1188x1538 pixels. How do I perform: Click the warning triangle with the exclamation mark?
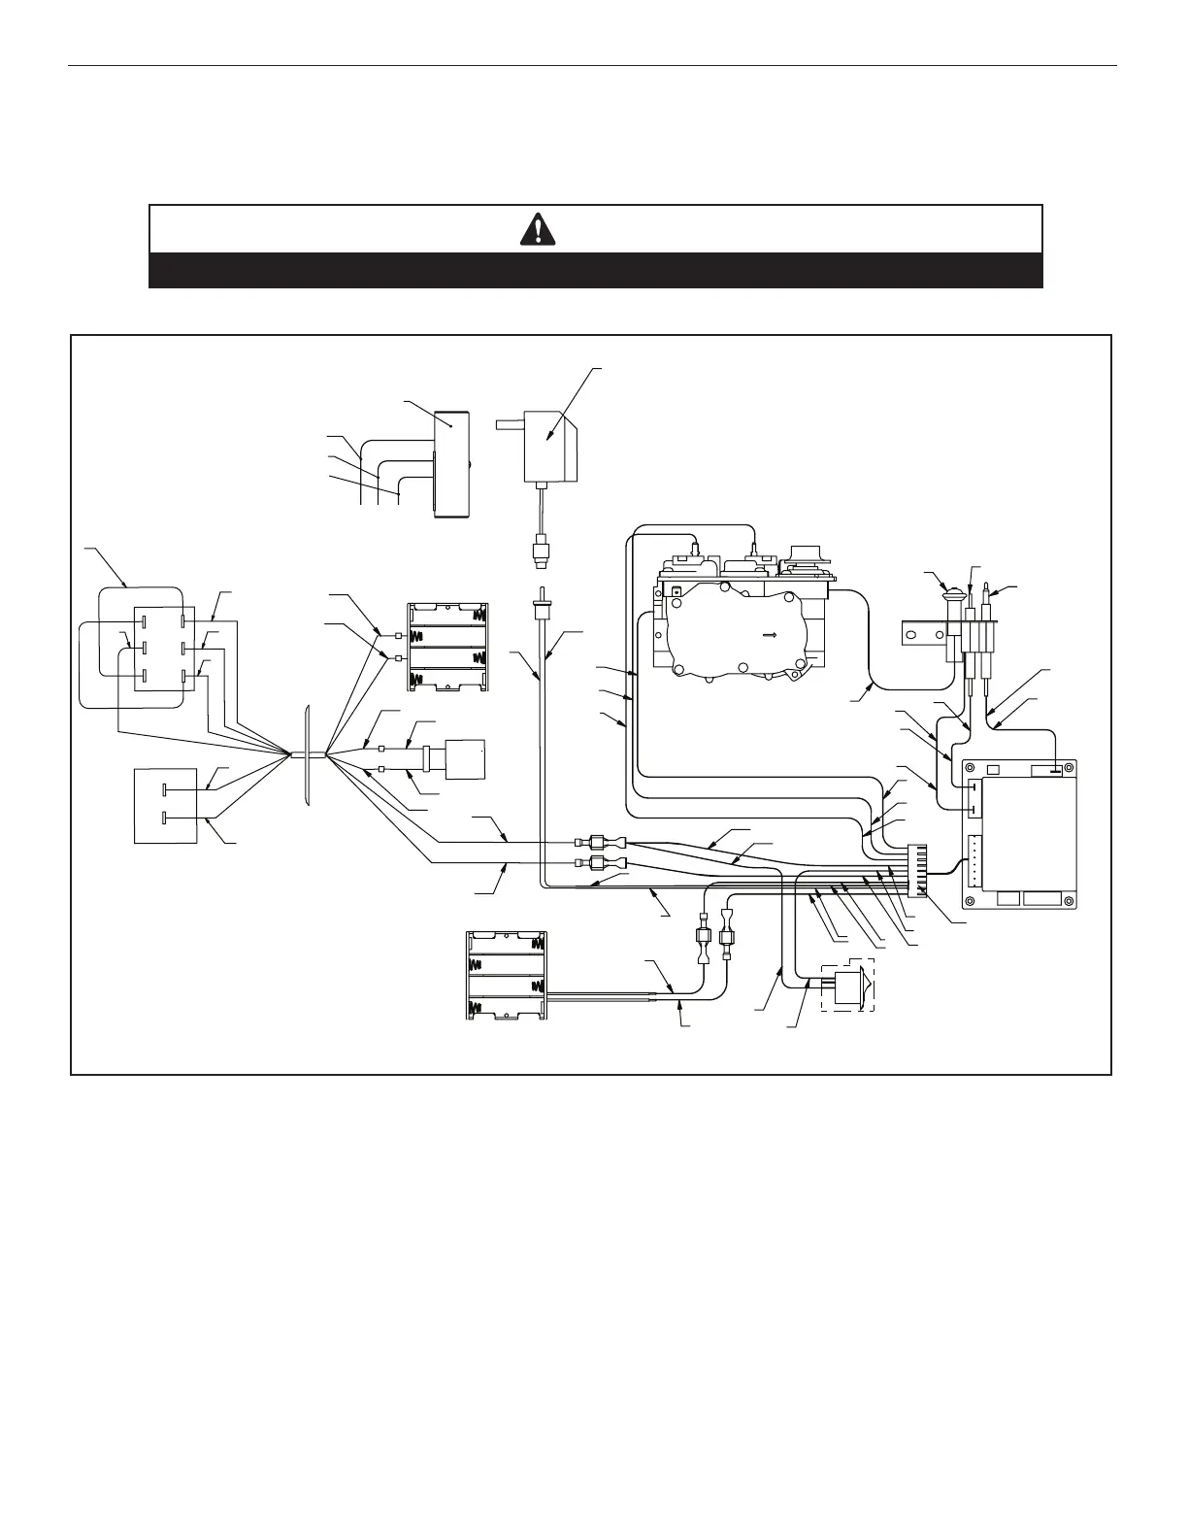click(x=537, y=229)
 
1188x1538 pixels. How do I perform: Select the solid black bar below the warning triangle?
click(x=595, y=270)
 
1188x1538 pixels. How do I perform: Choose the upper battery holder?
click(x=448, y=647)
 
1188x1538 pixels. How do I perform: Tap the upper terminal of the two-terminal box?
click(x=167, y=789)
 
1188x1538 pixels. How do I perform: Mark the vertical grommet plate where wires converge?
click(x=307, y=755)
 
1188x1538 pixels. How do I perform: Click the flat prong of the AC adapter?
click(x=506, y=423)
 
